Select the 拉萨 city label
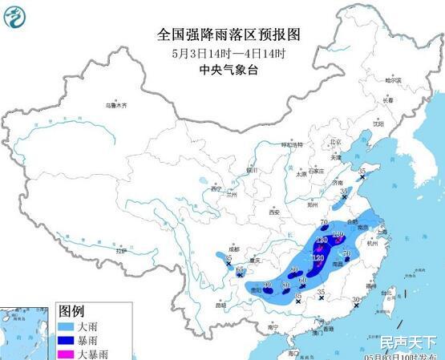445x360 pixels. pos(120,251)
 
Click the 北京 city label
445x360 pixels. pos(336,142)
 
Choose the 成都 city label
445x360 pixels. pos(233,250)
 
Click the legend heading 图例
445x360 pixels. pos(71,311)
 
